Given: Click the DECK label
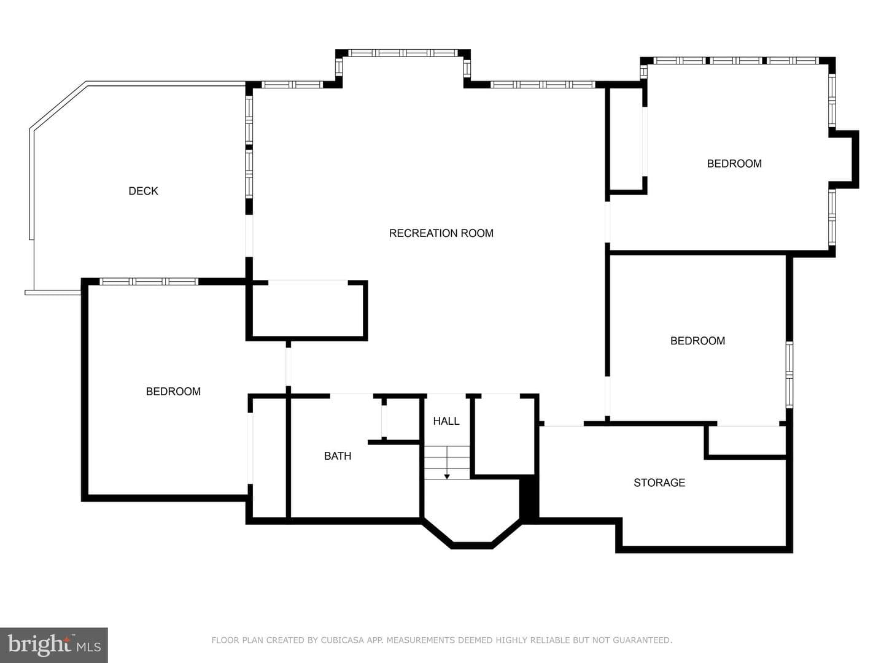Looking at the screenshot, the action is click(143, 191).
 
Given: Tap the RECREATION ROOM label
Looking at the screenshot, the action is click(441, 233).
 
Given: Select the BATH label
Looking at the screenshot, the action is click(338, 456).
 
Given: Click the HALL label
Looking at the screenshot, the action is click(446, 421).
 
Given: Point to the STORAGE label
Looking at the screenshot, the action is click(659, 483).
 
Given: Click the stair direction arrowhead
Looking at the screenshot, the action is click(447, 476).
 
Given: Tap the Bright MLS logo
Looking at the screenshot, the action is click(54, 645).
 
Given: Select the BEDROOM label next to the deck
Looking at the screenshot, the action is click(173, 391).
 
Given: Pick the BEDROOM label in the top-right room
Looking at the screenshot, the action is click(734, 163).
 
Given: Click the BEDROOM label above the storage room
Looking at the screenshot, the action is click(697, 341).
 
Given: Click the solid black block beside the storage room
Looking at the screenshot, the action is click(529, 499).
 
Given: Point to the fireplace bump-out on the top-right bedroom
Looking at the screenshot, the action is click(845, 160).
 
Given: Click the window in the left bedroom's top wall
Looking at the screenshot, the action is click(149, 281).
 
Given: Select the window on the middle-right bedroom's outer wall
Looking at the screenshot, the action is click(789, 375).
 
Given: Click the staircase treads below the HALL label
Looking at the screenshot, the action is click(447, 462).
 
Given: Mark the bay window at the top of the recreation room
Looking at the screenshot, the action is click(403, 53).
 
